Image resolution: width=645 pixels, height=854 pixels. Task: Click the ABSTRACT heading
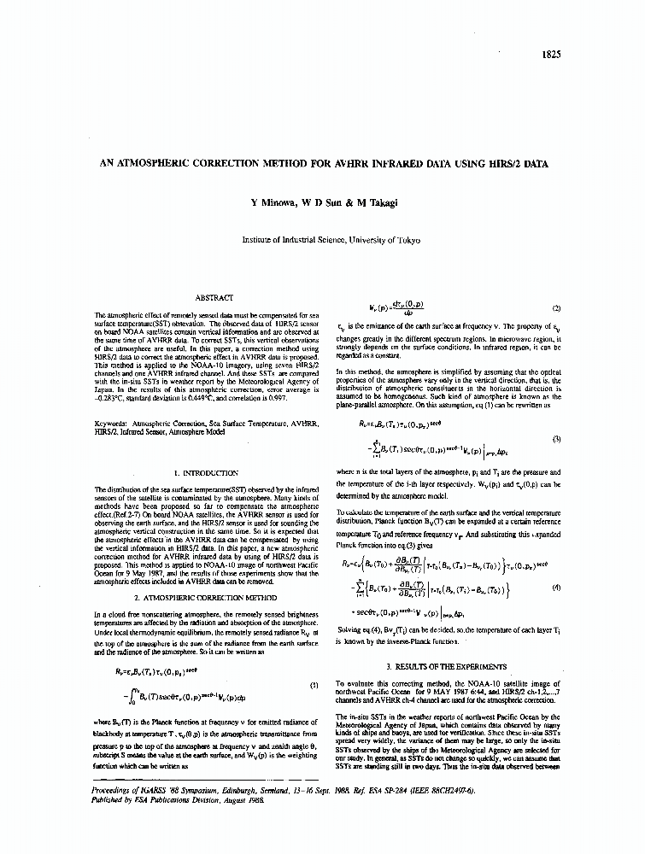(214, 297)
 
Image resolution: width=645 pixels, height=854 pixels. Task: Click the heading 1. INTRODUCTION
(206, 472)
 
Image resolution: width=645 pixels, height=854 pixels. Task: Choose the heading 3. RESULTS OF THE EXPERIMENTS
(447, 666)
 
